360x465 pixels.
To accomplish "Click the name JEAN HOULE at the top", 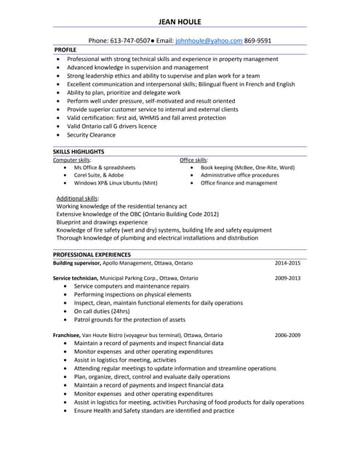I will (x=180, y=20).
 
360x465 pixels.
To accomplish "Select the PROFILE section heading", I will (x=65, y=50).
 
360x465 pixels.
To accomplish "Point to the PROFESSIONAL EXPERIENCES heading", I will (x=92, y=255).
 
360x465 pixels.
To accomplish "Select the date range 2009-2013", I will (x=287, y=278).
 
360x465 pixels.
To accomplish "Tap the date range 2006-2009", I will (x=287, y=335).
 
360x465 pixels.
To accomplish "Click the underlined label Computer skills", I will (x=72, y=159).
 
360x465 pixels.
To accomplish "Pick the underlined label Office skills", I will (x=193, y=159).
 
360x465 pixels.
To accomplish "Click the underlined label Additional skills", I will (x=78, y=198).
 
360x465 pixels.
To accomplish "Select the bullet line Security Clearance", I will (x=91, y=135).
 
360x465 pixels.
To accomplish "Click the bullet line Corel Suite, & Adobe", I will (x=99, y=175).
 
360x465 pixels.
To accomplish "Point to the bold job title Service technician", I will (x=76, y=278).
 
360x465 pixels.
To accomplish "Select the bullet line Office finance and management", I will (x=239, y=183).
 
